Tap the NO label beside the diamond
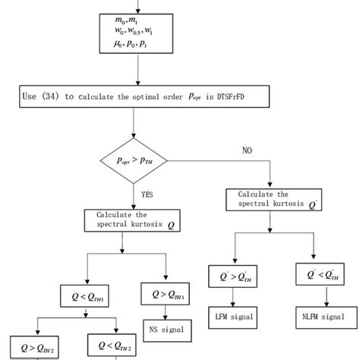tap(246, 151)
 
